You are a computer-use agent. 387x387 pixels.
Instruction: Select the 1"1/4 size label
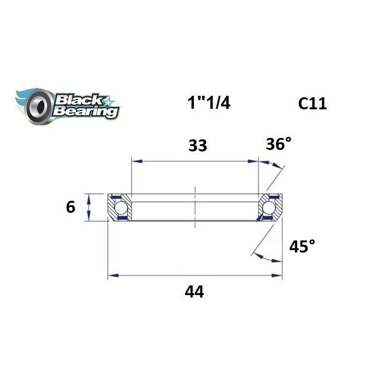tap(208, 103)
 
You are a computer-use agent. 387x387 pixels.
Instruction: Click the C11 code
tap(312, 103)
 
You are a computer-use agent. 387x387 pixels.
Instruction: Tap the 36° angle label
tap(279, 144)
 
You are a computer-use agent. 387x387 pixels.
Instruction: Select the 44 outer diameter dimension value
tap(194, 292)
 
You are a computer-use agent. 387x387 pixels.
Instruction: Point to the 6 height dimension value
tap(71, 207)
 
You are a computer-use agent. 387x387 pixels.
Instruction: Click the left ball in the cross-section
tap(121, 208)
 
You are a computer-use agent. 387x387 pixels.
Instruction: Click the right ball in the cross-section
tap(268, 208)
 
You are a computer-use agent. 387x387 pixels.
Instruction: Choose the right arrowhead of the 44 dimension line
tap(279, 276)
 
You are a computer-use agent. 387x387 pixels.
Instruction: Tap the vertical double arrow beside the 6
tap(89, 207)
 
